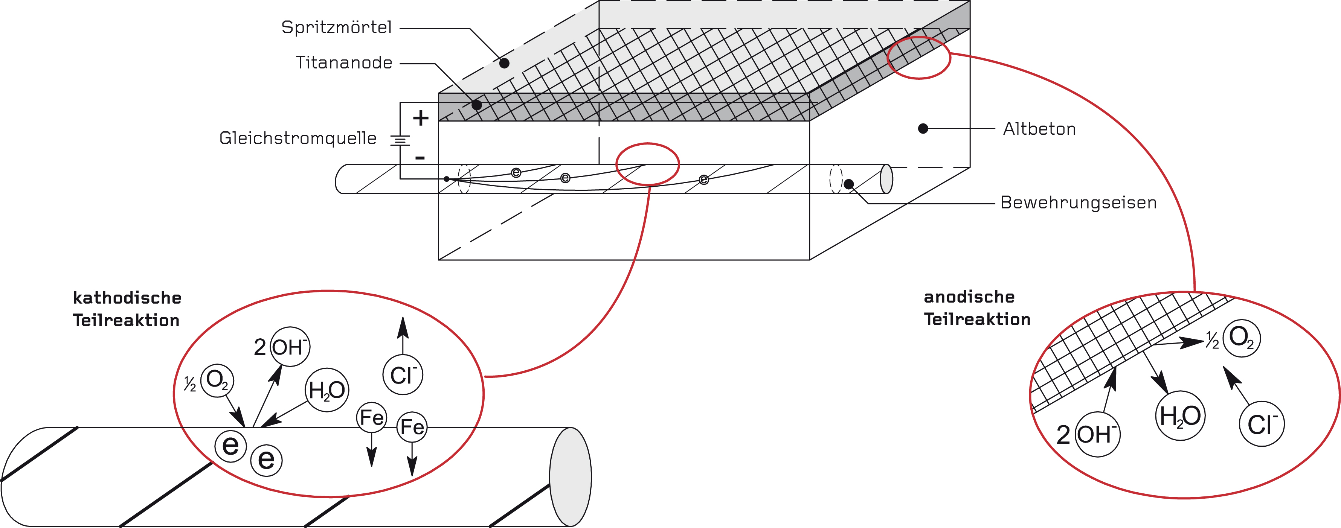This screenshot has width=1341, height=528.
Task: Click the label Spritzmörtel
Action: point(336,27)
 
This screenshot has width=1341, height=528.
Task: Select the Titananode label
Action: point(344,63)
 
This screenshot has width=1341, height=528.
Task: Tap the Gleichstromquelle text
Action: point(298,138)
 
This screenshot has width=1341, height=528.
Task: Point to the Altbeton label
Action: point(1039,129)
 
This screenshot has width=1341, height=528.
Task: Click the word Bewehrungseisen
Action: point(1078,202)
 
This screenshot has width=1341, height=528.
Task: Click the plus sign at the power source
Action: point(421,118)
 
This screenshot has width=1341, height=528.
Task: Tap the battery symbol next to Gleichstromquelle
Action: point(400,140)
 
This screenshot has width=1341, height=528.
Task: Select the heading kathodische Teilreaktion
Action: point(127,309)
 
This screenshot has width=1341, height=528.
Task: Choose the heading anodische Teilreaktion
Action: point(977,308)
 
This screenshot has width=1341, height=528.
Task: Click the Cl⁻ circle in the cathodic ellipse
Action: point(403,374)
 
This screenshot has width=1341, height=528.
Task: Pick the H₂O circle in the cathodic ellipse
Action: point(326,390)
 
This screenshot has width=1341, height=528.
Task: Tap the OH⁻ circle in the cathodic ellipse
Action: point(290,347)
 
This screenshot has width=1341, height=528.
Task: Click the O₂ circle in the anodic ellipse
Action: point(1242,338)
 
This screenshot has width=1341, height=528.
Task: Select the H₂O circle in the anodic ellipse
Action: point(1181,415)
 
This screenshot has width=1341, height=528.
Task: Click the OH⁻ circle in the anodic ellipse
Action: point(1097,434)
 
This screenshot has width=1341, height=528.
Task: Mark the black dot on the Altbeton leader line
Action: point(923,128)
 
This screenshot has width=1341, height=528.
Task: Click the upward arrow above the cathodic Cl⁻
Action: point(403,336)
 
